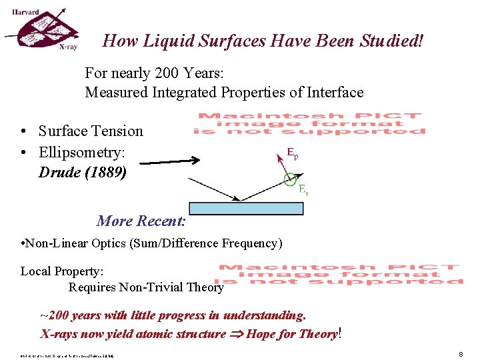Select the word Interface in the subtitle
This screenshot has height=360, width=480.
click(x=332, y=92)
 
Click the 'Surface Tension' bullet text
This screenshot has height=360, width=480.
click(x=91, y=131)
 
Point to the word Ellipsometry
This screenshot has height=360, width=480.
click(x=81, y=152)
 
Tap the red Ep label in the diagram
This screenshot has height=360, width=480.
click(x=292, y=153)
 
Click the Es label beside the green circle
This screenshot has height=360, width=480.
click(x=303, y=189)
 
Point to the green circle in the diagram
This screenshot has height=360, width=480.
click(x=289, y=179)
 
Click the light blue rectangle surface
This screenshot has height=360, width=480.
click(x=246, y=208)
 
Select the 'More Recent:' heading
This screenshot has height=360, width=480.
click(x=141, y=221)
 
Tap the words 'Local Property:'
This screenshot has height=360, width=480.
click(x=62, y=271)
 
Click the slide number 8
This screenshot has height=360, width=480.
click(x=461, y=354)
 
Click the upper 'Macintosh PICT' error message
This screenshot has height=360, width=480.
click(x=309, y=123)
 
